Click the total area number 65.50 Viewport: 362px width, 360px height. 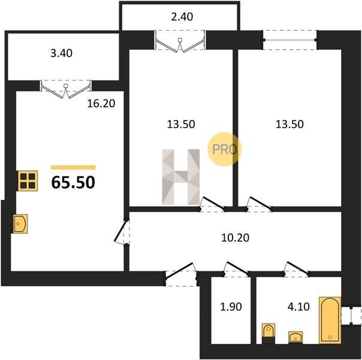point(73,182)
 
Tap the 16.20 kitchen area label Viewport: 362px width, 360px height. point(101,104)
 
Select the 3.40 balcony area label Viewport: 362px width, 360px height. point(61,53)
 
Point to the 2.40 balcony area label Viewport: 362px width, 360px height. point(182,17)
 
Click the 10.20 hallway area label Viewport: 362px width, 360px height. point(236,238)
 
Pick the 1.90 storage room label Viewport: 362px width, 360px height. point(231,307)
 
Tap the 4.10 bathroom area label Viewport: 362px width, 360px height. point(298,307)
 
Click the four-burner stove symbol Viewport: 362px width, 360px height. point(28,181)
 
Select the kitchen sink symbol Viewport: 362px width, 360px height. point(20,224)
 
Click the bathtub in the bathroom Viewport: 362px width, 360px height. point(330,320)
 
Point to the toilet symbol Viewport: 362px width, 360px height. point(269,333)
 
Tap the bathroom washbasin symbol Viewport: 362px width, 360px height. point(295,337)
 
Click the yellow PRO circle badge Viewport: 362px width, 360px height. point(224,149)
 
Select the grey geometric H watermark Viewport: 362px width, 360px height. point(181,177)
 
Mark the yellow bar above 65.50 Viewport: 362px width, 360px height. point(73,167)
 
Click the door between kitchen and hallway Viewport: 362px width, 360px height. point(121,232)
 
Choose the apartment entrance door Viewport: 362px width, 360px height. point(181,274)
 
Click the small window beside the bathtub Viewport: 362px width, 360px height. point(351,316)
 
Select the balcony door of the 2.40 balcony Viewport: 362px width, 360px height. point(180,41)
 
